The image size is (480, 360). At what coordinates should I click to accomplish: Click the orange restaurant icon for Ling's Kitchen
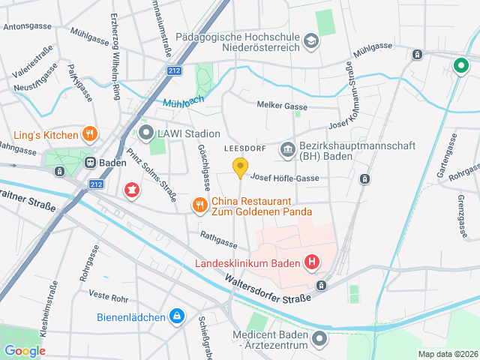89,135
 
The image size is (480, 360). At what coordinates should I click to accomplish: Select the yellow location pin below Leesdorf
240,168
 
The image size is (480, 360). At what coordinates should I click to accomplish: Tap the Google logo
25,351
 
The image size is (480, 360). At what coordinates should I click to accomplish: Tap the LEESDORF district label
245,149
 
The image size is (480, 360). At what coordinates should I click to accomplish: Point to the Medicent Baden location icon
320,340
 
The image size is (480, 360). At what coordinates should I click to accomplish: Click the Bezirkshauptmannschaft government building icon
287,151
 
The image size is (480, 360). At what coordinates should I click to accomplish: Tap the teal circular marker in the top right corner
460,65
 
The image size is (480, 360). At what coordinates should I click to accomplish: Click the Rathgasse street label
218,239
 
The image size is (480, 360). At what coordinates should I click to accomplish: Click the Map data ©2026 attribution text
447,354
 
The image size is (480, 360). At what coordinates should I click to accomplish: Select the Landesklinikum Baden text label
247,263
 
